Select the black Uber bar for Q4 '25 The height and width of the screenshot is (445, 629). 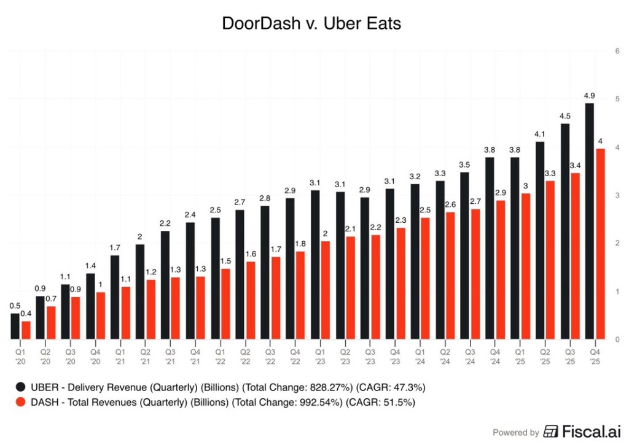point(589,221)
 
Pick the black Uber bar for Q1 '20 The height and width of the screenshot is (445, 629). point(15,326)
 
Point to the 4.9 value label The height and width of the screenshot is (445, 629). point(589,95)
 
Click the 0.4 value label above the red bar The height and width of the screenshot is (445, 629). point(26,314)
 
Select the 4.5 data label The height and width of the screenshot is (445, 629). point(565,116)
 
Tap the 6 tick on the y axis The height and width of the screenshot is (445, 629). point(616,51)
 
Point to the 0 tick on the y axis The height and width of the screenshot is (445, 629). point(616,339)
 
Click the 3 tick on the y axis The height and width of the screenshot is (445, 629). point(616,195)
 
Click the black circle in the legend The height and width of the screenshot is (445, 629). point(21,387)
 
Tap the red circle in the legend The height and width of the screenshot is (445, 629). point(21,403)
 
